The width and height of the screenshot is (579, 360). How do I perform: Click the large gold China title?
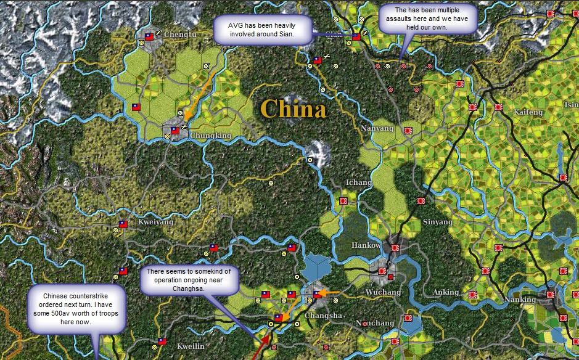(x=293, y=109)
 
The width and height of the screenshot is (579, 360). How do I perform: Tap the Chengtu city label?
(x=180, y=35)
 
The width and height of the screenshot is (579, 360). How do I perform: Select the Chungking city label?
(x=211, y=136)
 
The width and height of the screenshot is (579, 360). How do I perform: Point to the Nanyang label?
(x=377, y=128)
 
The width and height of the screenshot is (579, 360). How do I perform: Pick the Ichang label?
(x=358, y=183)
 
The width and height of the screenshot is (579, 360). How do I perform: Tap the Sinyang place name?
(x=437, y=222)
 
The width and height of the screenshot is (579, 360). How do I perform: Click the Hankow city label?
(x=366, y=245)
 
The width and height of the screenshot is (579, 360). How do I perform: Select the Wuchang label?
(x=383, y=292)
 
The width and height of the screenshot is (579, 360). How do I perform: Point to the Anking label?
(x=446, y=292)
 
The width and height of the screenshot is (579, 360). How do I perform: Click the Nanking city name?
(x=520, y=300)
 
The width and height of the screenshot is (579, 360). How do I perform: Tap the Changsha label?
(x=324, y=316)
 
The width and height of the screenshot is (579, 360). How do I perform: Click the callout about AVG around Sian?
(x=261, y=30)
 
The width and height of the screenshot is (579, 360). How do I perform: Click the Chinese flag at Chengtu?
(x=149, y=37)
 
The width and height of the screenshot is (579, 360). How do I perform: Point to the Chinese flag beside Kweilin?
(x=162, y=341)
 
